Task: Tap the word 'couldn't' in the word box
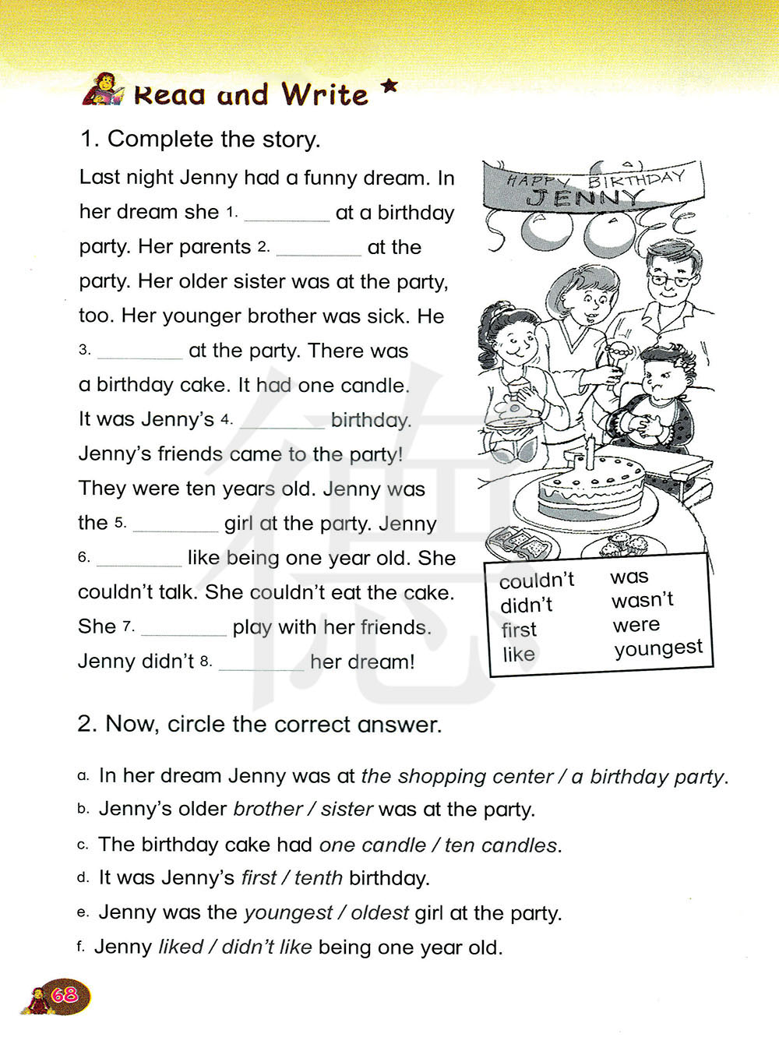click(537, 580)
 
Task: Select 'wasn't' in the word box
click(643, 600)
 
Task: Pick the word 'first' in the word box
click(519, 630)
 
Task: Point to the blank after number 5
click(175, 526)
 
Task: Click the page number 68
click(65, 994)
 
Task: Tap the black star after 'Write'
click(389, 87)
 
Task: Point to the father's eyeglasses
click(671, 278)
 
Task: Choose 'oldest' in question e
click(379, 912)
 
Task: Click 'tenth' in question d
click(318, 878)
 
